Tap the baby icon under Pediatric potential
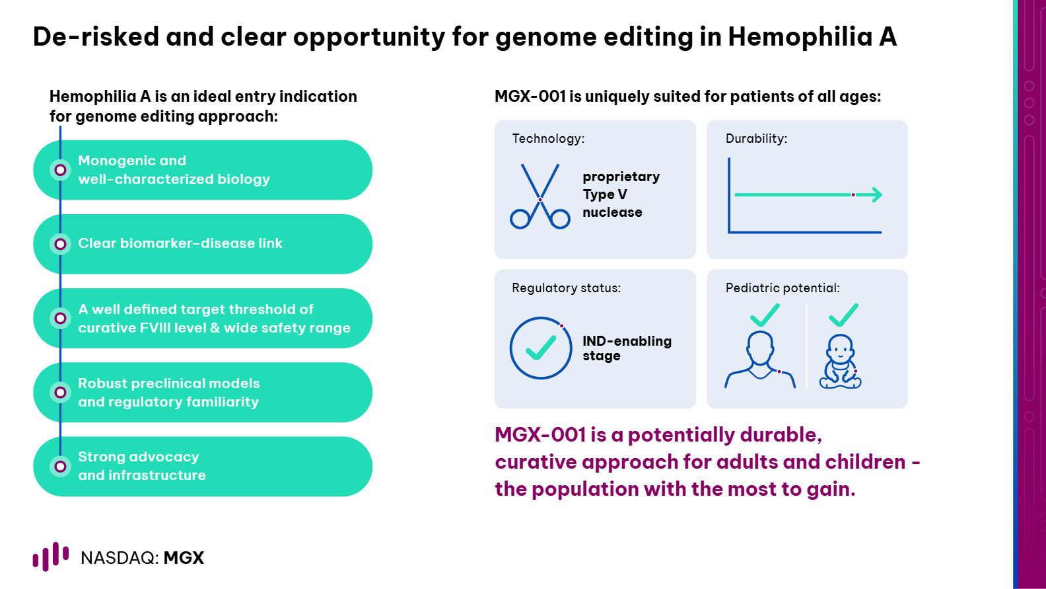coord(840,362)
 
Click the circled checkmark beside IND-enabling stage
coord(540,348)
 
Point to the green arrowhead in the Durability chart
coord(877,194)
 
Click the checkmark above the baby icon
coord(843,315)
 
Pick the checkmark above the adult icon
coord(765,315)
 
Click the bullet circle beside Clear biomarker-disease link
coord(60,244)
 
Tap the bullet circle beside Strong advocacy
coord(60,467)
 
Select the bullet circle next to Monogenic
coord(60,170)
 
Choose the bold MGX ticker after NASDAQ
coord(184,558)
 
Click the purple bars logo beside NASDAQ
coord(51,557)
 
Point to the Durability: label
coord(756,138)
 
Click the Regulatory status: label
coord(566,288)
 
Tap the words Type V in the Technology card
coord(605,194)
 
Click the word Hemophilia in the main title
coord(800,37)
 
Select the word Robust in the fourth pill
coord(102,383)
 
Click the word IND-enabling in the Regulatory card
coord(627,341)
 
